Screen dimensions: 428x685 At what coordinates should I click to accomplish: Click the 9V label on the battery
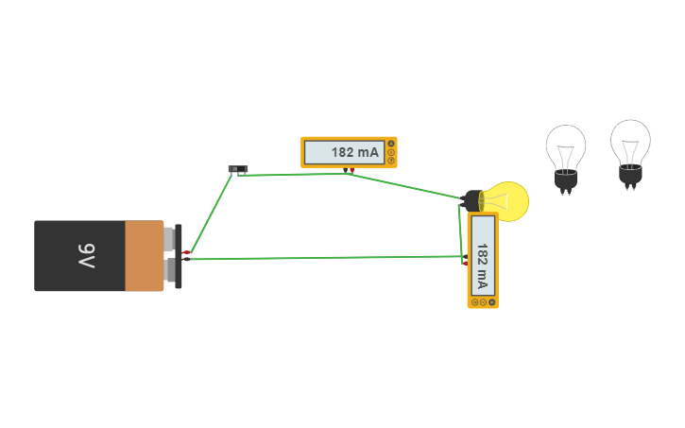click(x=86, y=255)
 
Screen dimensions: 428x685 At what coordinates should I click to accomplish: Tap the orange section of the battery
click(x=145, y=256)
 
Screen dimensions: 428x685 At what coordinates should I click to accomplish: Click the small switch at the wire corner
click(x=237, y=169)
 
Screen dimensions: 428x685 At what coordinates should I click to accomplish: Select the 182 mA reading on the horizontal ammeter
click(x=354, y=152)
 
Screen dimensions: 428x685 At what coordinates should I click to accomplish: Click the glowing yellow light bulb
click(x=505, y=201)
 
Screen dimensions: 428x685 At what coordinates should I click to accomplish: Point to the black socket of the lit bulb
click(x=472, y=200)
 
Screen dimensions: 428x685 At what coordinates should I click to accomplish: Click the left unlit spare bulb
click(x=565, y=149)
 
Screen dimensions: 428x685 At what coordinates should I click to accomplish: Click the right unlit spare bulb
click(x=630, y=144)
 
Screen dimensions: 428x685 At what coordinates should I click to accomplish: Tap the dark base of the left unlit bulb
click(x=565, y=179)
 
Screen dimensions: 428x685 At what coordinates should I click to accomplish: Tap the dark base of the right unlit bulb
click(x=630, y=175)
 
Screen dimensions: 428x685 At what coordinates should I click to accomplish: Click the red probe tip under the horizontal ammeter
click(x=351, y=171)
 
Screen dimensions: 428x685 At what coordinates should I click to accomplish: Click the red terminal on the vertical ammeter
click(x=465, y=263)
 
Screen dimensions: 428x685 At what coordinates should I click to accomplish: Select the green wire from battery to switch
click(x=210, y=214)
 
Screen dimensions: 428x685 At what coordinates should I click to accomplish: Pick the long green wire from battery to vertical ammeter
click(x=321, y=257)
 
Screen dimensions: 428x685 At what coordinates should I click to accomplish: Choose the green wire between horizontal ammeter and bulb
click(x=406, y=185)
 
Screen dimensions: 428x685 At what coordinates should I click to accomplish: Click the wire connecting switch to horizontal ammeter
click(x=293, y=174)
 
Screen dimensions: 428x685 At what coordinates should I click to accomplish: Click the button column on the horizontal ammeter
click(x=391, y=152)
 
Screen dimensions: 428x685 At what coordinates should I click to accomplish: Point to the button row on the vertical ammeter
click(x=483, y=302)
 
